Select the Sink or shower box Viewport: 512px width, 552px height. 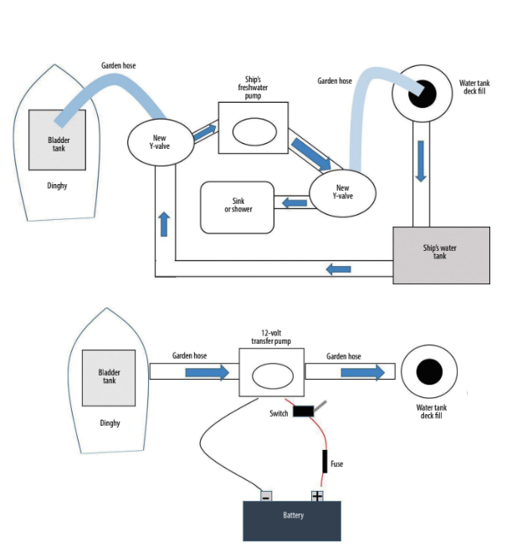[238, 207]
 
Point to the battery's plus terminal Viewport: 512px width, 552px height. [317, 496]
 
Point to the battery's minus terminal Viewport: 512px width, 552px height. [265, 496]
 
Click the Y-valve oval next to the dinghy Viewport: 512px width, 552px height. [160, 142]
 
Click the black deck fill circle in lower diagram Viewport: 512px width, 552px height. [430, 371]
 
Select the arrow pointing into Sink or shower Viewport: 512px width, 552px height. [294, 202]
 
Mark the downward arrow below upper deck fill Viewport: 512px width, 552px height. [420, 160]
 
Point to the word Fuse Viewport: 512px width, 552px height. [337, 463]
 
